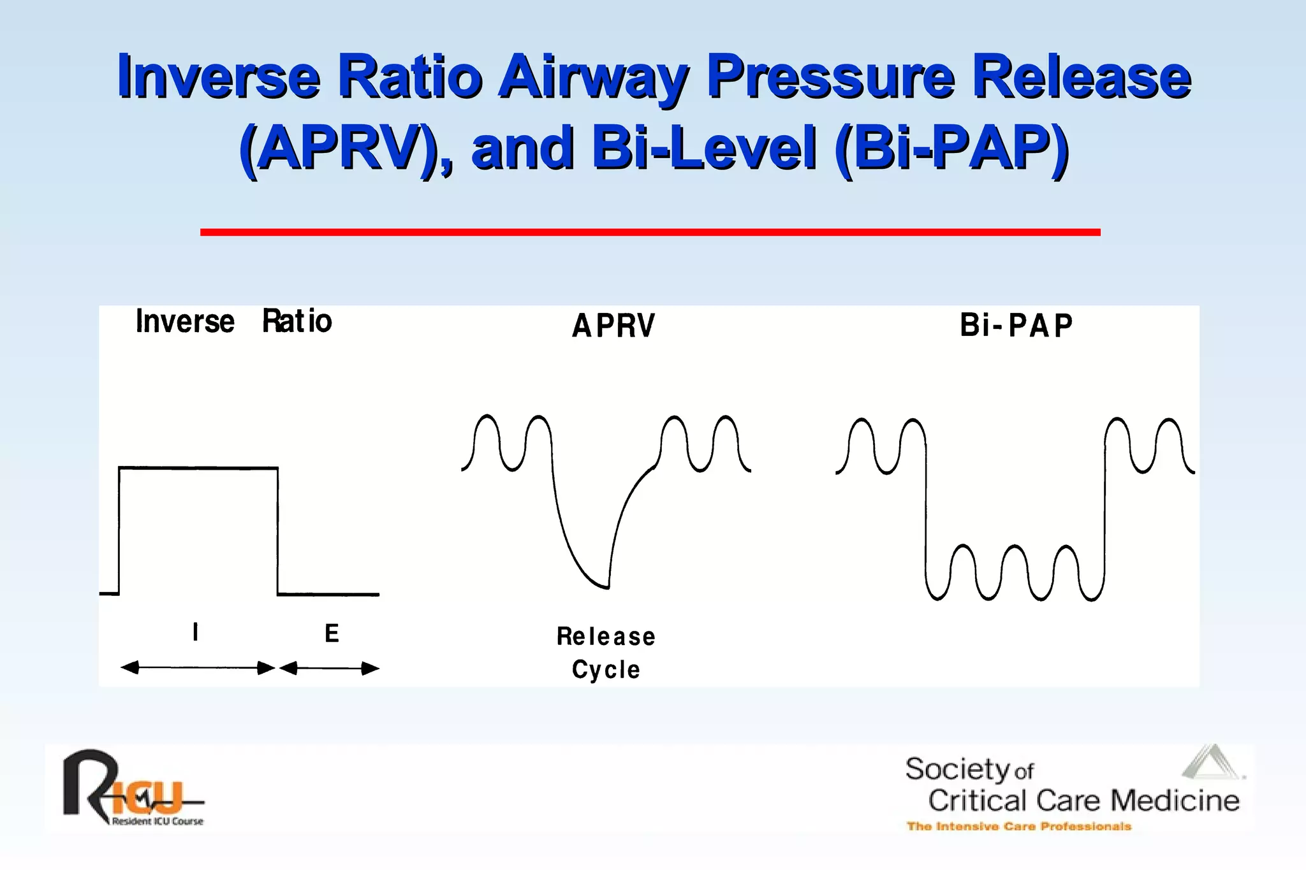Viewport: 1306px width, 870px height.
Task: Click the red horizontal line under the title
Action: tap(650, 232)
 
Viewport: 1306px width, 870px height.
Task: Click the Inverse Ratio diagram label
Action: tap(233, 321)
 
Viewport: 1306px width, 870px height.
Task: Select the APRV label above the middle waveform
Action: tap(613, 326)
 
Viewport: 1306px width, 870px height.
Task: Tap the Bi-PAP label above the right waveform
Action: tap(1016, 326)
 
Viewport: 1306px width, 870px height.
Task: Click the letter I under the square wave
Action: tap(195, 632)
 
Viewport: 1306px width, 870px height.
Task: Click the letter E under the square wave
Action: tap(332, 634)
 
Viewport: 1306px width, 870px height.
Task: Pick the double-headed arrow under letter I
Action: tap(198, 668)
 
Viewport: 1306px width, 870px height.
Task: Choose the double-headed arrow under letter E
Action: tap(329, 668)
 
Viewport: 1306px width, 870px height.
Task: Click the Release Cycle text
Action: tap(606, 653)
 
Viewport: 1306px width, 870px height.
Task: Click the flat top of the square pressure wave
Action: tap(198, 468)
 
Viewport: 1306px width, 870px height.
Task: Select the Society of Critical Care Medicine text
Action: tap(1071, 785)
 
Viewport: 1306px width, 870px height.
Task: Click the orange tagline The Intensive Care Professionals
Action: tap(1018, 827)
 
